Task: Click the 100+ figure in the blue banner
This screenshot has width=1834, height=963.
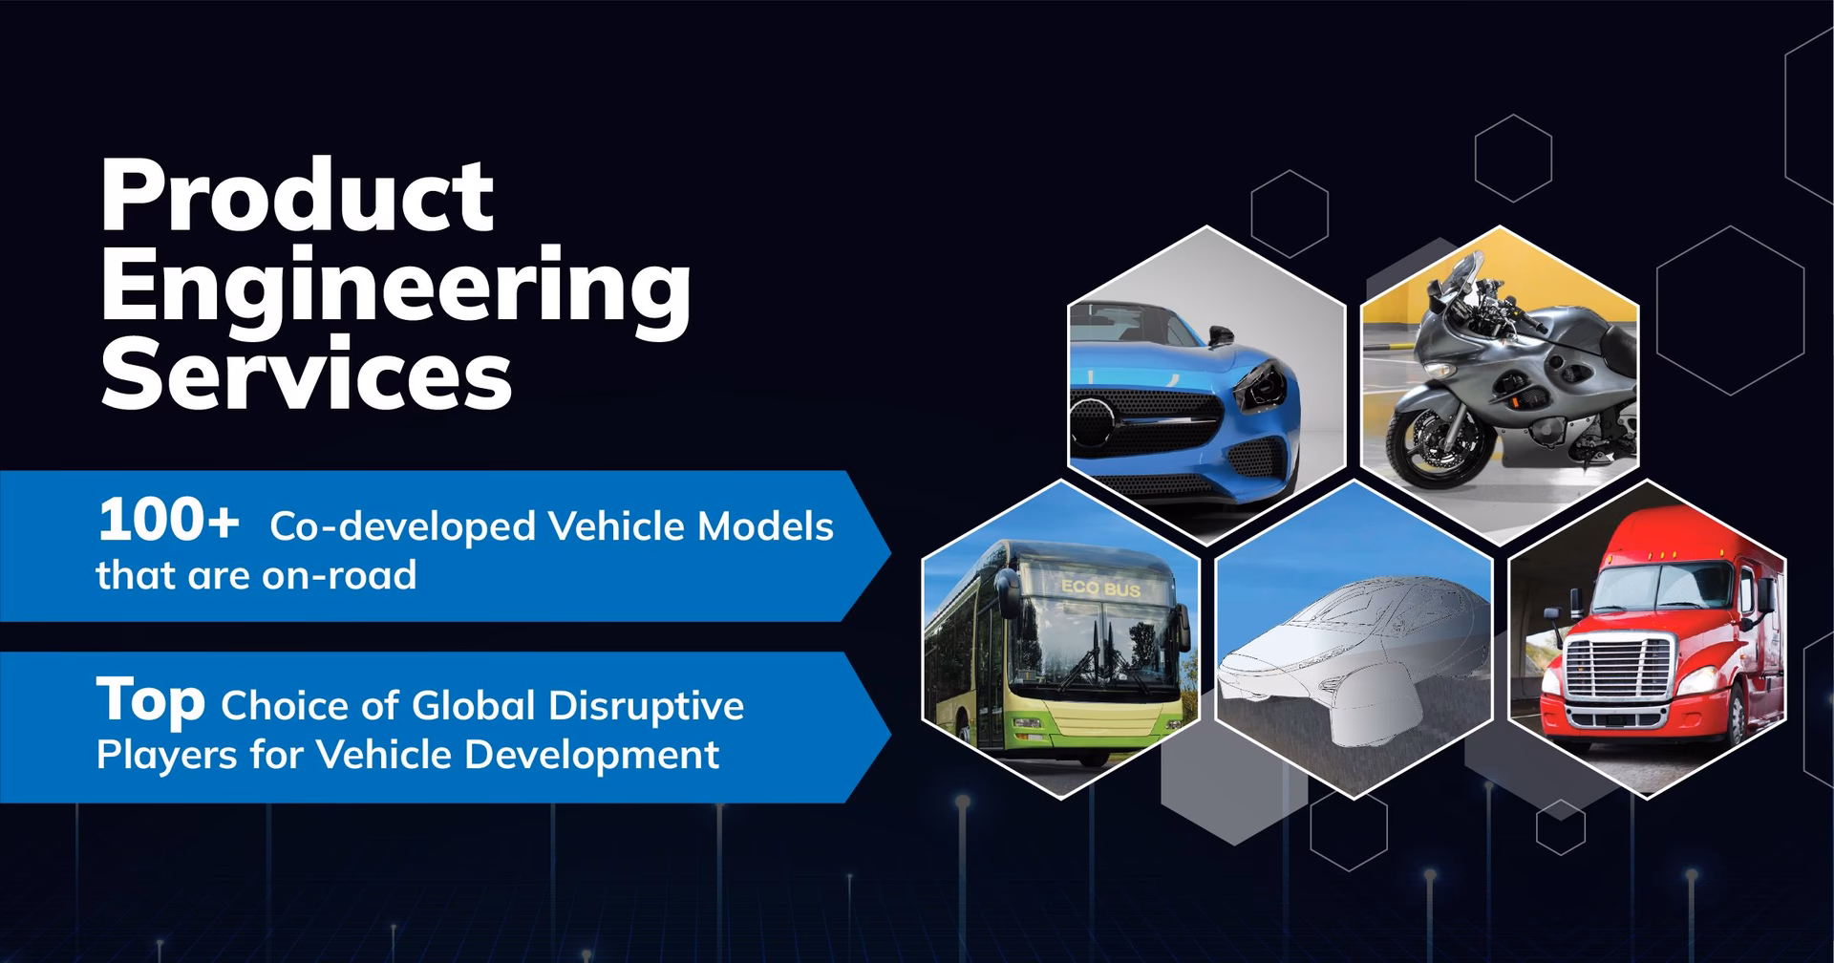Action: tap(168, 523)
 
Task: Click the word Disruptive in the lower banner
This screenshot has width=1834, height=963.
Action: tap(646, 707)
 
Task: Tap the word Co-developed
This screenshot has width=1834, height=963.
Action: tap(402, 526)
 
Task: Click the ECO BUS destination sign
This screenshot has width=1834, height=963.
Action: tap(1100, 588)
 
